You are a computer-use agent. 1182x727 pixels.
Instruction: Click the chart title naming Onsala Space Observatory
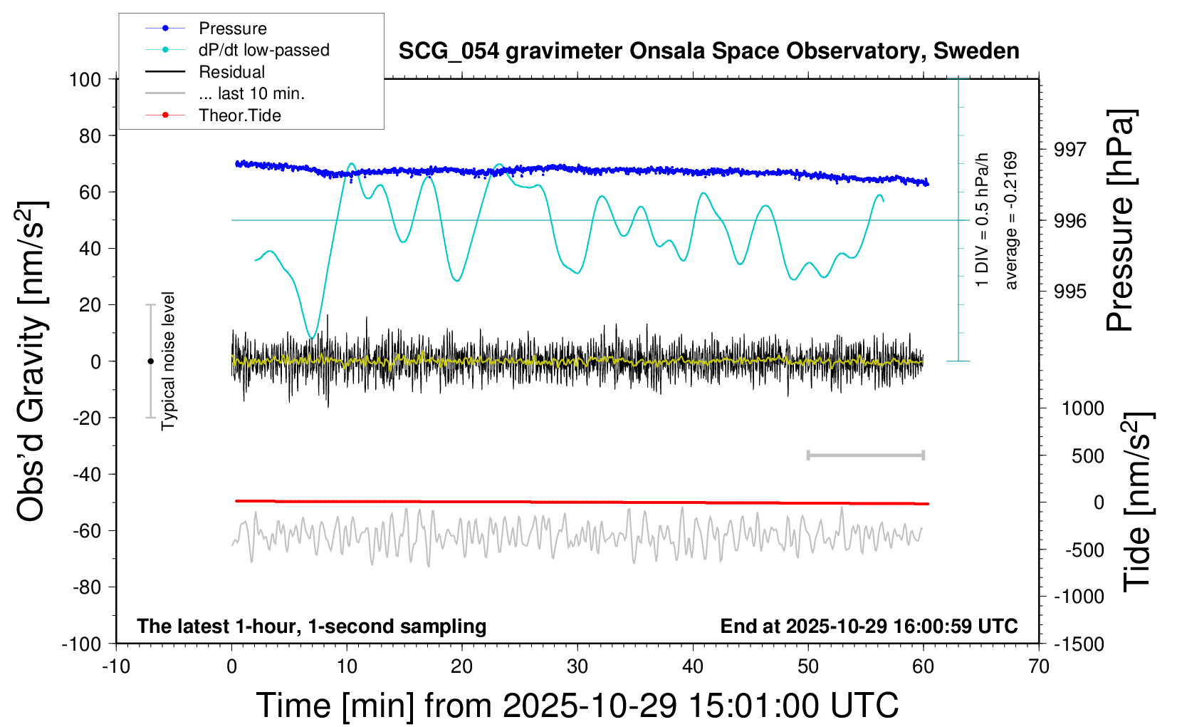pyautogui.click(x=708, y=51)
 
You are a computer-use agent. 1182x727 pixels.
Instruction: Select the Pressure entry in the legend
pyautogui.click(x=232, y=29)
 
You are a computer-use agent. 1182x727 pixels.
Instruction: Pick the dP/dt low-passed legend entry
pyautogui.click(x=263, y=50)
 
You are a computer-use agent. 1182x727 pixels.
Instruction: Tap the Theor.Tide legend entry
pyautogui.click(x=239, y=115)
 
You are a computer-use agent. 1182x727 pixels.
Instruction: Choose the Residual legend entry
pyautogui.click(x=231, y=72)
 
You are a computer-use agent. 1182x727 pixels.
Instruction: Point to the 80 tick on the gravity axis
pyautogui.click(x=85, y=135)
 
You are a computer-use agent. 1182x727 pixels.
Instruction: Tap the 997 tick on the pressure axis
pyautogui.click(x=1070, y=150)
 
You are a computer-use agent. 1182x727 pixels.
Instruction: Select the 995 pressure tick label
pyautogui.click(x=1070, y=292)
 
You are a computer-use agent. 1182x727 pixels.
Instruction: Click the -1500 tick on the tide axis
pyautogui.click(x=1079, y=644)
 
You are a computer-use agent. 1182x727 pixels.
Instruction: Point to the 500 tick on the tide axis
pyautogui.click(x=1087, y=456)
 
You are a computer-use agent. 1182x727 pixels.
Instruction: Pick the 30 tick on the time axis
pyautogui.click(x=577, y=667)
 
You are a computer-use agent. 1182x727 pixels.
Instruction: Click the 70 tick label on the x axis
pyautogui.click(x=1039, y=667)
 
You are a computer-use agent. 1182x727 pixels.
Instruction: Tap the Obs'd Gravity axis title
pyautogui.click(x=33, y=361)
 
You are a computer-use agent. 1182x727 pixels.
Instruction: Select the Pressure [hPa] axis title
pyautogui.click(x=1121, y=220)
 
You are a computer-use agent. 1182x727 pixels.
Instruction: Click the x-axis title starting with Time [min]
pyautogui.click(x=577, y=706)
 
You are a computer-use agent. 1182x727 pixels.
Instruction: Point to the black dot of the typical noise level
pyautogui.click(x=150, y=361)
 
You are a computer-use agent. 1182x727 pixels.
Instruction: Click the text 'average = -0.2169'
pyautogui.click(x=1011, y=220)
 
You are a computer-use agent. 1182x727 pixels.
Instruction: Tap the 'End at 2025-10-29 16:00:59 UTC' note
pyautogui.click(x=869, y=627)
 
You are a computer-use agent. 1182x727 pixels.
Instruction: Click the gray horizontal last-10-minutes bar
pyautogui.click(x=865, y=455)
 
